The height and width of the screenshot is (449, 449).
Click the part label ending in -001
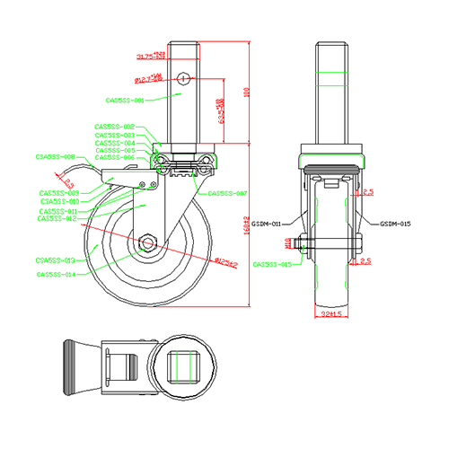(x=125, y=101)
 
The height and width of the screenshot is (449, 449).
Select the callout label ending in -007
(x=227, y=193)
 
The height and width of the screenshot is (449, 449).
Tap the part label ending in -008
(x=54, y=156)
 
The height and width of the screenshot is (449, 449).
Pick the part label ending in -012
(x=58, y=218)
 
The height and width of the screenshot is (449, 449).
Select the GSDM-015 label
(x=395, y=224)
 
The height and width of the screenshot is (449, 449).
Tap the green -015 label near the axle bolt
(x=271, y=265)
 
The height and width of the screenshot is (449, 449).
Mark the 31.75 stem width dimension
(x=149, y=57)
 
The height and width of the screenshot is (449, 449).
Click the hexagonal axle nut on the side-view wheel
(x=148, y=243)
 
